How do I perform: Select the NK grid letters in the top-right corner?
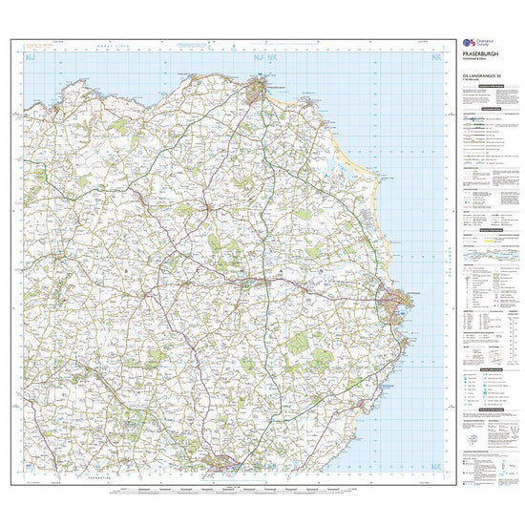coord(436,58)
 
